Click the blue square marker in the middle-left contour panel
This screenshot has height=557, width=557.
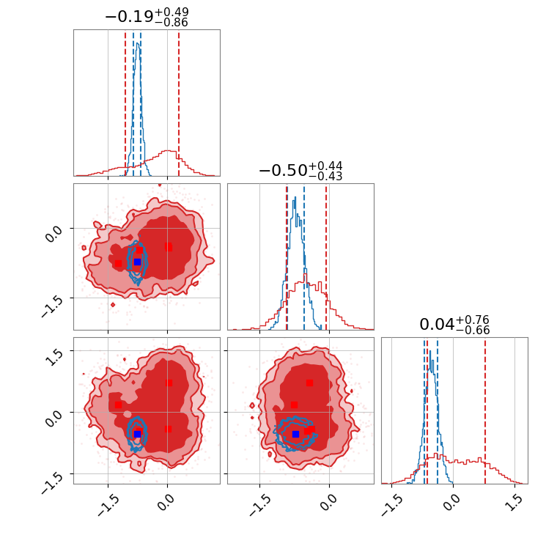pyautogui.click(x=137, y=262)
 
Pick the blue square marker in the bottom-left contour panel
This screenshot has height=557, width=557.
pyautogui.click(x=137, y=433)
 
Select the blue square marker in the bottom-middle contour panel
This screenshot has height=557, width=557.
pyautogui.click(x=295, y=434)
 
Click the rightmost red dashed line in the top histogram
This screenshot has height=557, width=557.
pyautogui.click(x=179, y=103)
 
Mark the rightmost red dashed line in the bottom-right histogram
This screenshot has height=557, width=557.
pyautogui.click(x=485, y=410)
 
